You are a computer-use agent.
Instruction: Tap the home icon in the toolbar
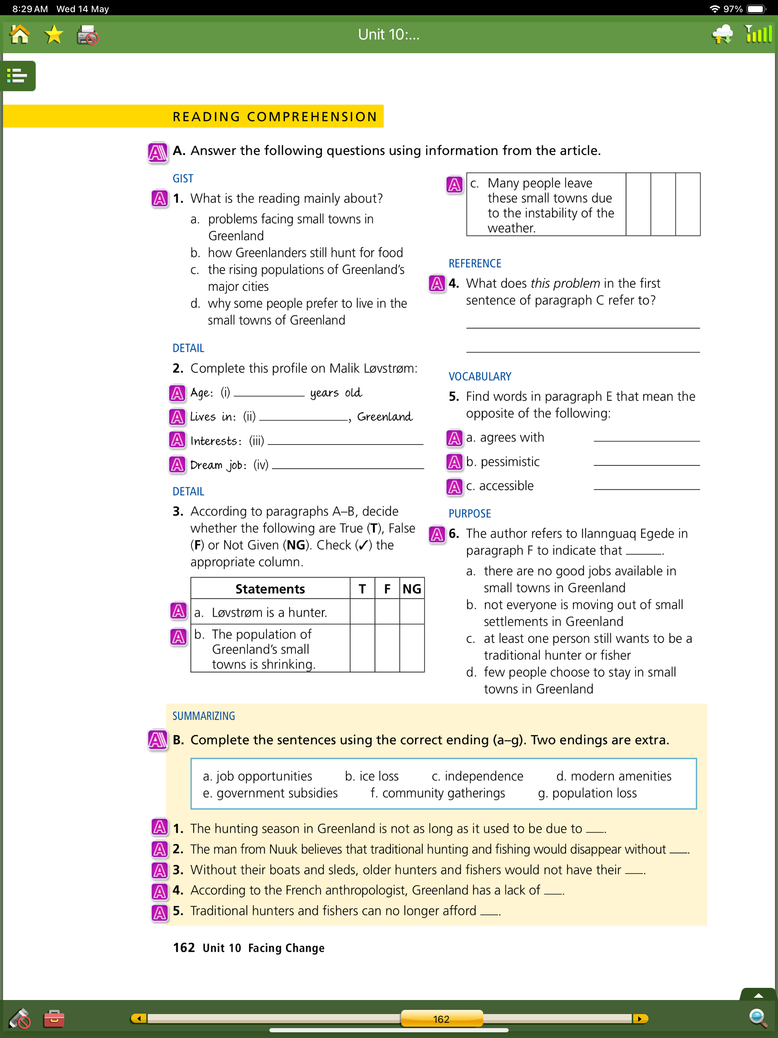tap(20, 35)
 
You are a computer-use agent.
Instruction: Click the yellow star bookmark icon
tap(54, 35)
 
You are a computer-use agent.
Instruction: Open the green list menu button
tap(18, 76)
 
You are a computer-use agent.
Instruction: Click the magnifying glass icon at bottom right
tap(757, 1017)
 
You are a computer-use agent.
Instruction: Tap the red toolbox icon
tap(54, 1018)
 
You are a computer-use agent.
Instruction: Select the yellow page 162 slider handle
tap(441, 1019)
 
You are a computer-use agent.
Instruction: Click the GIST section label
tap(183, 178)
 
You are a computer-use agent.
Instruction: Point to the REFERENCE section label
tap(474, 263)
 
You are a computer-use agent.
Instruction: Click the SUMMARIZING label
tap(204, 715)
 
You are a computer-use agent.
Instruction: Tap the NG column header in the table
tap(411, 589)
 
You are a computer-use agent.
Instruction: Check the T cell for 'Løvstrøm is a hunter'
tap(362, 612)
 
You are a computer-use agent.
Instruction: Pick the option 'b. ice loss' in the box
tap(372, 776)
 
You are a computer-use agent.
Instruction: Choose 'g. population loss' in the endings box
tap(587, 793)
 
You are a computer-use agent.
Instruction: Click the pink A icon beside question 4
tap(437, 283)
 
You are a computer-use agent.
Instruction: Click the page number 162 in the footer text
tap(183, 948)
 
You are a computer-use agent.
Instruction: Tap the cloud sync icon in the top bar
tap(722, 35)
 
